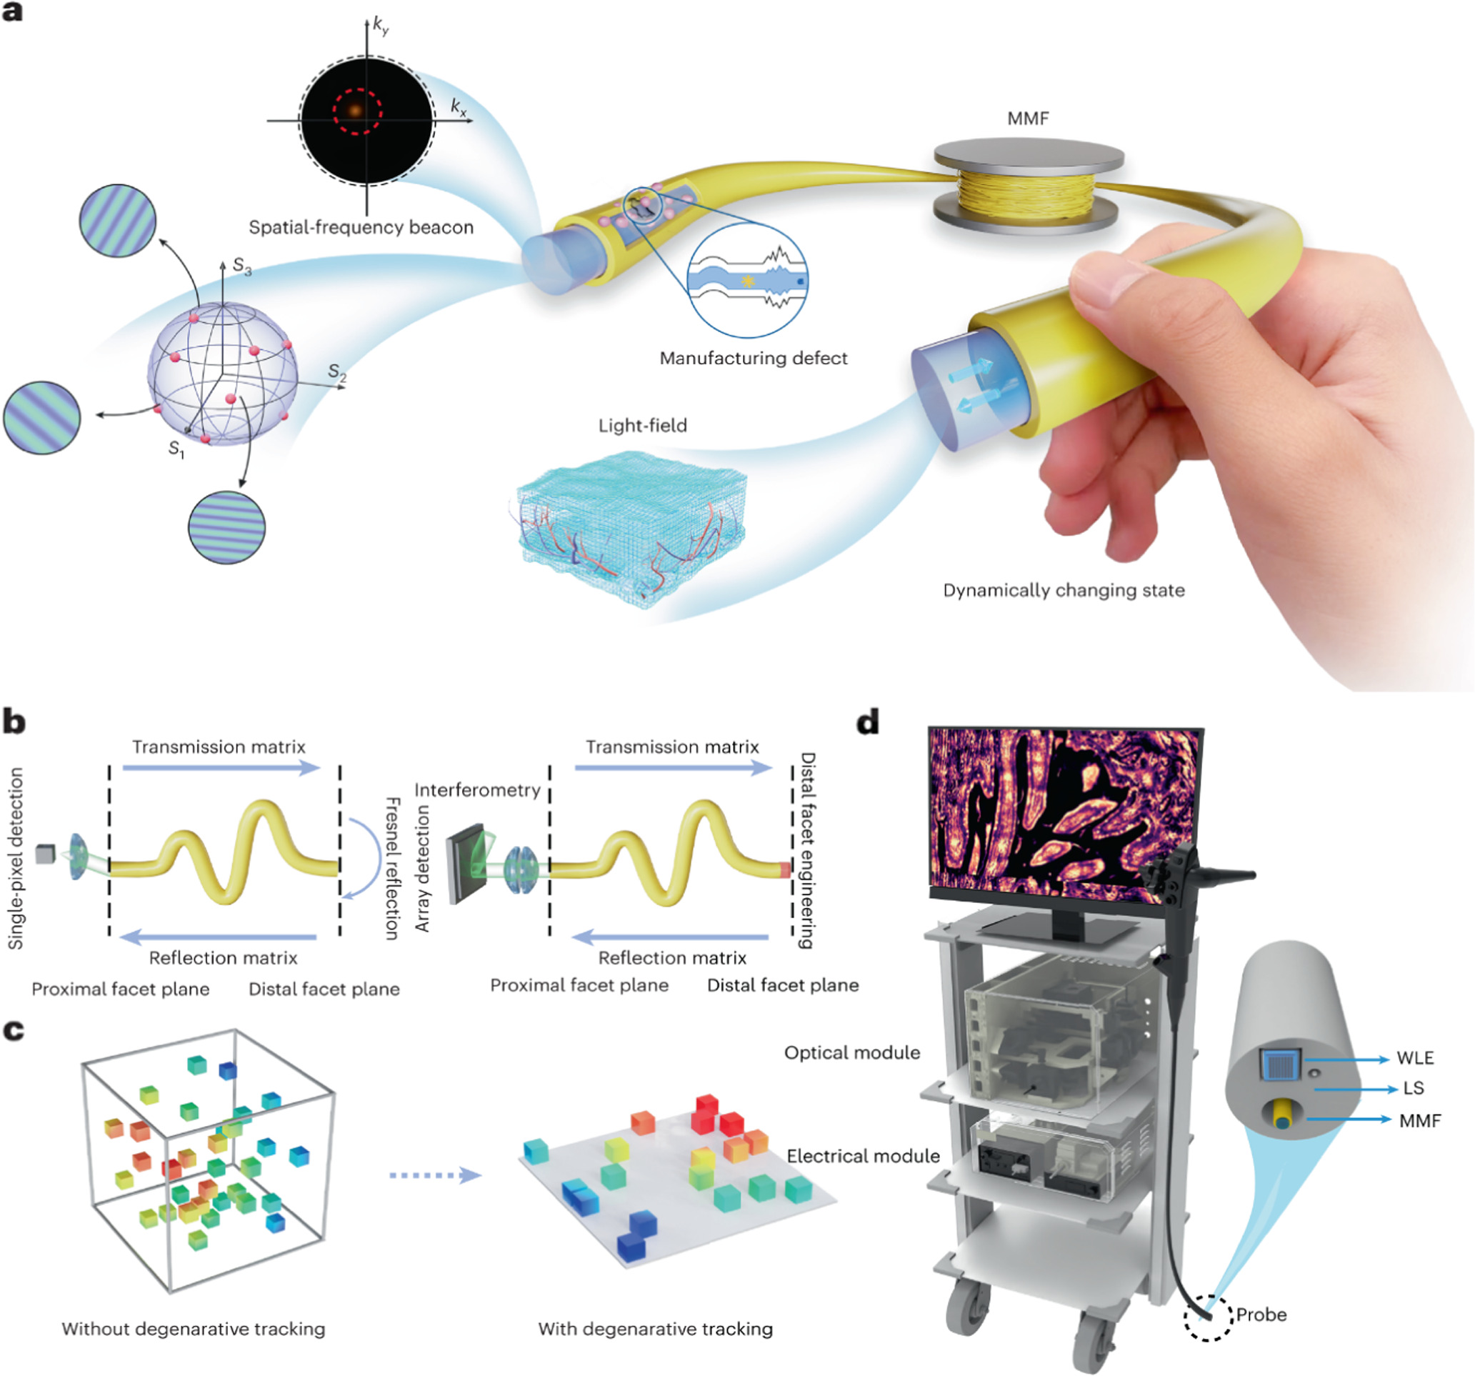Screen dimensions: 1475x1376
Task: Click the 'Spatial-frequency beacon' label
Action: [x=361, y=227]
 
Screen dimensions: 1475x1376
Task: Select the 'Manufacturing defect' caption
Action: [x=753, y=359]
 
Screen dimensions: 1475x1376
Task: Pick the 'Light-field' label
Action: [x=643, y=426]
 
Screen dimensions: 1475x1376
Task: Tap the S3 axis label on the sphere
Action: [x=242, y=266]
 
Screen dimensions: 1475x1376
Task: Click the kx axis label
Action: [x=459, y=109]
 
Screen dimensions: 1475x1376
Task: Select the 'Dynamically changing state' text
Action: [x=1064, y=591]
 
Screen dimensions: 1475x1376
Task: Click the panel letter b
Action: [x=14, y=722]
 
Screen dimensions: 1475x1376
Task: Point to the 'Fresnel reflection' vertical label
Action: [x=392, y=869]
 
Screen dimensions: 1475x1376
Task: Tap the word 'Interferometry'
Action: [x=477, y=790]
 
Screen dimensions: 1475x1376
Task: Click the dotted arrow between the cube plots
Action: [x=436, y=1175]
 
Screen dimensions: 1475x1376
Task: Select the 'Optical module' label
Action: [x=851, y=1052]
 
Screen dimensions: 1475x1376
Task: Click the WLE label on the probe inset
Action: [x=1415, y=1058]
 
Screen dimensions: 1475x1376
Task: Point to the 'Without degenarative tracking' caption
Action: [x=193, y=1329]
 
